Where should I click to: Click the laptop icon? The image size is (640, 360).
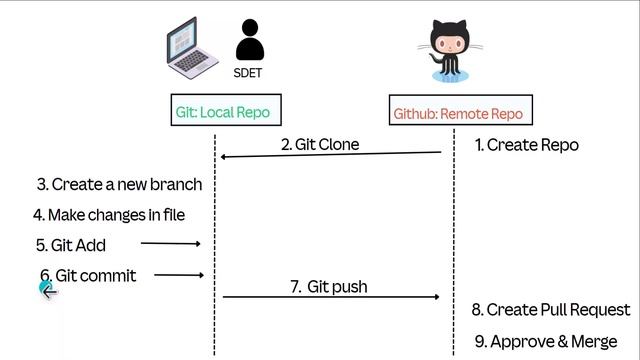(192, 47)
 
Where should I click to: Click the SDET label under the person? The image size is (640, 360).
(249, 73)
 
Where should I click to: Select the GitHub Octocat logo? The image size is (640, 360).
(446, 52)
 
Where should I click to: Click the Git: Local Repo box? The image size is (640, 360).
(222, 112)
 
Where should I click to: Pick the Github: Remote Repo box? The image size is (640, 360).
(457, 113)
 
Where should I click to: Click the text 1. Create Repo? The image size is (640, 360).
(526, 145)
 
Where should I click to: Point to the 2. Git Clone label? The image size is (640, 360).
(319, 145)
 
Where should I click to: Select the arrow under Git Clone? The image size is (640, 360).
(330, 155)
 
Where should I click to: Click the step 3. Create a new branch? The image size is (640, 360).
(119, 184)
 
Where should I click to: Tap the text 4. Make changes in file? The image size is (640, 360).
(109, 215)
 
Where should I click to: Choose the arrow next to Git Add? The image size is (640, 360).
(170, 243)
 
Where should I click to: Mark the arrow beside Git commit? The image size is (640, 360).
(179, 275)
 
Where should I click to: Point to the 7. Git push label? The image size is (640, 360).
(328, 287)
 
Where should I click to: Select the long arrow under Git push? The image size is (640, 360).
(330, 297)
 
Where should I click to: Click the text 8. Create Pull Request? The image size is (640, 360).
(551, 310)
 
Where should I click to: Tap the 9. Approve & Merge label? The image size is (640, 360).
(545, 342)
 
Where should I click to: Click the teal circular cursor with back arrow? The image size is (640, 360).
(47, 290)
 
